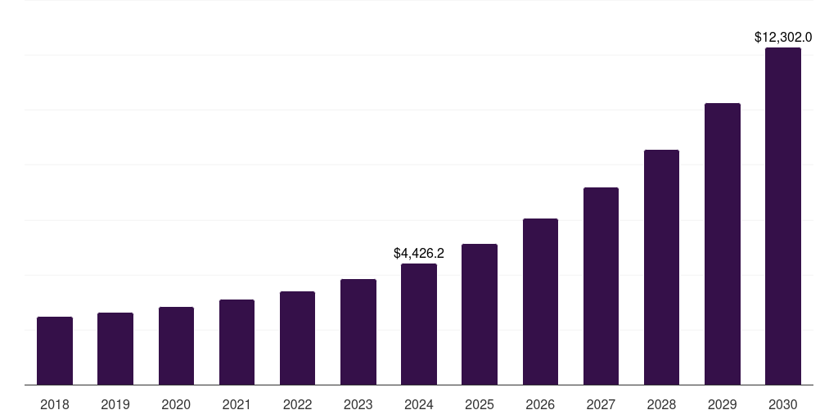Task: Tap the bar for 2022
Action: point(297,338)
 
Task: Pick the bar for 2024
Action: point(419,324)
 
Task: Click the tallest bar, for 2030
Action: point(783,216)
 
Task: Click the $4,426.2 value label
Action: point(419,254)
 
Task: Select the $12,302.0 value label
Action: point(783,38)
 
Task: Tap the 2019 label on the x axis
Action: point(115,404)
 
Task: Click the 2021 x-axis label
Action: point(237,404)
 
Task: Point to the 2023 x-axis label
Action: point(358,404)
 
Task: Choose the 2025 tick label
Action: point(480,404)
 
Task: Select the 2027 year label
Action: point(601,404)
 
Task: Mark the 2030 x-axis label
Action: point(783,404)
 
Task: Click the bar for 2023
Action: point(358,331)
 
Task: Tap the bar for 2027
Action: point(601,286)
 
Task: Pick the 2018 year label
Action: point(55,404)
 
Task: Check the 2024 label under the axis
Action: point(419,404)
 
